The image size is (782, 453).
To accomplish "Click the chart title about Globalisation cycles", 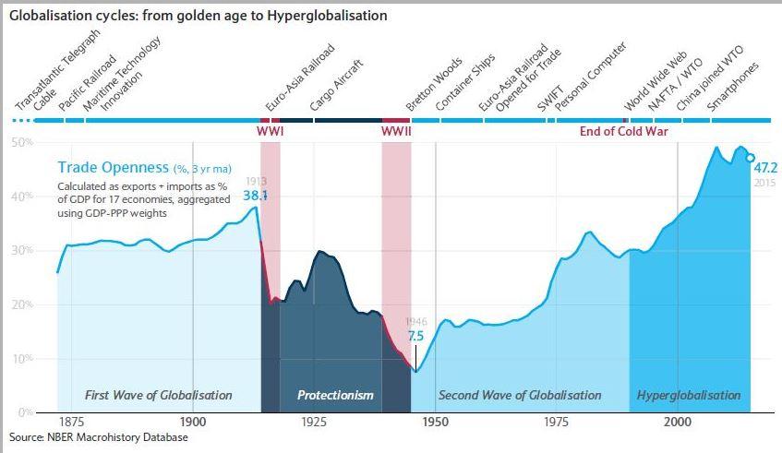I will tap(198, 16).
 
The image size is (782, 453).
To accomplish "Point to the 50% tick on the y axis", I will tap(21, 143).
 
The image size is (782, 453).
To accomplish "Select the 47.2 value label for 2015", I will tap(766, 168).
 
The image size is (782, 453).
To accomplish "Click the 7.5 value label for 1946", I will tap(415, 337).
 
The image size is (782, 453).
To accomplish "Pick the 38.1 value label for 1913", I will tap(255, 196).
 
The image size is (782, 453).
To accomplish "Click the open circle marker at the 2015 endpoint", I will tap(750, 157).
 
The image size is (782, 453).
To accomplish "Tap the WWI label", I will tap(270, 131).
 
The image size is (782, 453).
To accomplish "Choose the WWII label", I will tap(396, 131).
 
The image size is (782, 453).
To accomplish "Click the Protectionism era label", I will tap(335, 395).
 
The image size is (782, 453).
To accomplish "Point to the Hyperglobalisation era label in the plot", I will tap(689, 395).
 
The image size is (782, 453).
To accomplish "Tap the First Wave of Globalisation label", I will tap(158, 395).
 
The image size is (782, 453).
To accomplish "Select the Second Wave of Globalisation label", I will tap(520, 395).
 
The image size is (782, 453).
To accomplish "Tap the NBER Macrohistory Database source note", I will tap(98, 436).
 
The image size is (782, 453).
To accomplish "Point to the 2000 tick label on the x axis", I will tap(678, 422).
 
